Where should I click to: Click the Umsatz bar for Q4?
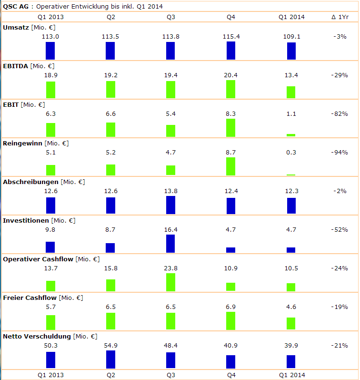[x=231, y=51]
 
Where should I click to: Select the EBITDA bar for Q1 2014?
[x=291, y=92]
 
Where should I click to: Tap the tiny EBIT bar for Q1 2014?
[x=291, y=135]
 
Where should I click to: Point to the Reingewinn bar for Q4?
[x=231, y=166]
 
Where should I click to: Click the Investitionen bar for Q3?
[x=170, y=244]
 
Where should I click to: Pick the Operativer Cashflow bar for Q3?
[x=170, y=282]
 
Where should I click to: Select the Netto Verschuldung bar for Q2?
[x=110, y=359]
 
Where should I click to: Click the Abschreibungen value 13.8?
[x=170, y=191]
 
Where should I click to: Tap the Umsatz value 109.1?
[x=291, y=36]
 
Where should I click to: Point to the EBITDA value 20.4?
[x=231, y=75]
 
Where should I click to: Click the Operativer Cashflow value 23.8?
[x=170, y=268]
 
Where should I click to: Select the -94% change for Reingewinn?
[x=339, y=152]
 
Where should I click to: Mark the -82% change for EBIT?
[x=339, y=113]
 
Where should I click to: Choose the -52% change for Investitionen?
[x=339, y=229]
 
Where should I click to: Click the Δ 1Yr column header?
[x=339, y=17]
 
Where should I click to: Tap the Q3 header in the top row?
[x=170, y=17]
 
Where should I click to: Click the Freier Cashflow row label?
[x=29, y=298]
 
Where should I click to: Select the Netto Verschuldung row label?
[x=37, y=336]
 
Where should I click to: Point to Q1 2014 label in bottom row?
[x=291, y=375]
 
